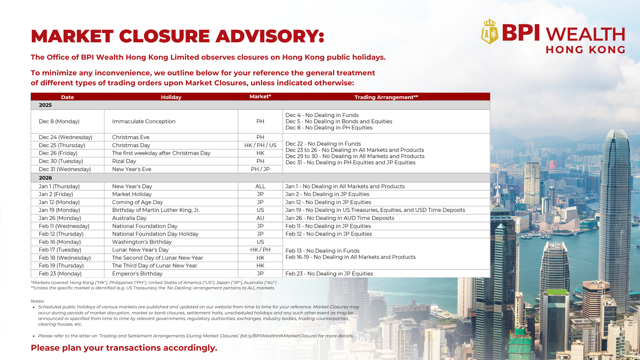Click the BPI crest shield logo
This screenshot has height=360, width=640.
[x=489, y=32]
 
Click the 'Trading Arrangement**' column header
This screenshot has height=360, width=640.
[x=386, y=97]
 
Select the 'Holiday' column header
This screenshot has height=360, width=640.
[x=171, y=97]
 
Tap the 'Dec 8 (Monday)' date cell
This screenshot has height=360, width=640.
[x=59, y=121]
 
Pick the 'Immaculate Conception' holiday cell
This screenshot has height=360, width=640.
[x=144, y=121]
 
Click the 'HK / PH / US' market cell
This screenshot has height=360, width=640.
[x=260, y=145]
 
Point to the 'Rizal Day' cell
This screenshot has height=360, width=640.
[x=124, y=161]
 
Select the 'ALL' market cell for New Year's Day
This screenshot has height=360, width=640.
[x=260, y=186]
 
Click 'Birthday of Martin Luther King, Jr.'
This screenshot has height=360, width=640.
[x=156, y=210]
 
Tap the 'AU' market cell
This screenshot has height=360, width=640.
[x=260, y=218]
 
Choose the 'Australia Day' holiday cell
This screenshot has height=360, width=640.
[x=129, y=218]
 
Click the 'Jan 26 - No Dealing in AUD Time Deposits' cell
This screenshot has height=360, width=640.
[x=340, y=218]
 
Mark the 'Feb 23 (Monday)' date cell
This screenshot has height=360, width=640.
[x=60, y=274]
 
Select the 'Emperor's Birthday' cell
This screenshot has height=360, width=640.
[x=137, y=274]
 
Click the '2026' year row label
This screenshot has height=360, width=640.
[x=45, y=178]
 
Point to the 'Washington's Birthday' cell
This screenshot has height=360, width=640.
[x=142, y=242]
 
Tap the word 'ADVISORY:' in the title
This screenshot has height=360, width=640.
[x=270, y=36]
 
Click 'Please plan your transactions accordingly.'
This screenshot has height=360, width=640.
[x=124, y=348]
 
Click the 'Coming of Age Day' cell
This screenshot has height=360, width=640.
[x=137, y=202]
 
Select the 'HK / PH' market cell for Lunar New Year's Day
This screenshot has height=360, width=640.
[x=260, y=250]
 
